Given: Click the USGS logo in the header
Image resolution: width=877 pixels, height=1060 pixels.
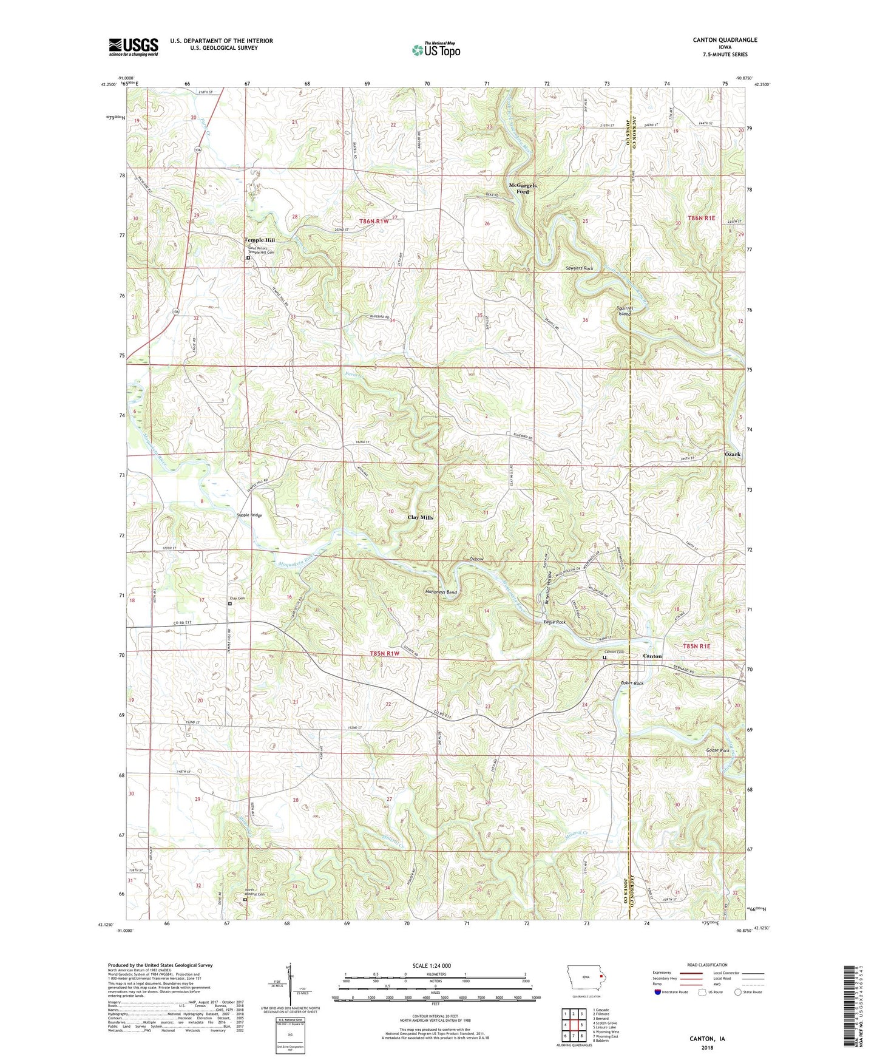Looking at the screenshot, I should tap(133, 47).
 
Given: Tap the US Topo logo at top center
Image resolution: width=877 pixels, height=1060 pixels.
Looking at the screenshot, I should tap(435, 50).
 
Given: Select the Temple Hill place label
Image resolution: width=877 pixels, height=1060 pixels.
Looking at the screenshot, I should tap(259, 240).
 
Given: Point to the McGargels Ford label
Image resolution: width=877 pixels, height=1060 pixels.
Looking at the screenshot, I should tap(522, 188).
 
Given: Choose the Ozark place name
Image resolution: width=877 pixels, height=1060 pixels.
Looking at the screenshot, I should tap(733, 454).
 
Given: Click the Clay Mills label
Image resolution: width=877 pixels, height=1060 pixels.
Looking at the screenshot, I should tap(420, 517).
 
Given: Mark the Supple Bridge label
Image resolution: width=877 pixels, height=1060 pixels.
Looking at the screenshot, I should tap(249, 515).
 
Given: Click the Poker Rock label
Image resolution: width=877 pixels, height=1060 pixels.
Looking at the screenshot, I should tap(632, 683).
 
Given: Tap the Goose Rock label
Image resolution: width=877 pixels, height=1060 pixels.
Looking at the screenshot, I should tap(717, 750).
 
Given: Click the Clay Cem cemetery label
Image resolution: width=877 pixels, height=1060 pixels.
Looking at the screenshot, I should tap(237, 599).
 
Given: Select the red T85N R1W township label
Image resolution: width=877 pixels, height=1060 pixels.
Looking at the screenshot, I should tap(385, 653).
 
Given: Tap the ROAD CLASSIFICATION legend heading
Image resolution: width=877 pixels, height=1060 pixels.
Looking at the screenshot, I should tap(708, 965).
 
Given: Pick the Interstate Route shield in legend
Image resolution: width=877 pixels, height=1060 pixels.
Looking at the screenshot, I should tap(659, 993).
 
